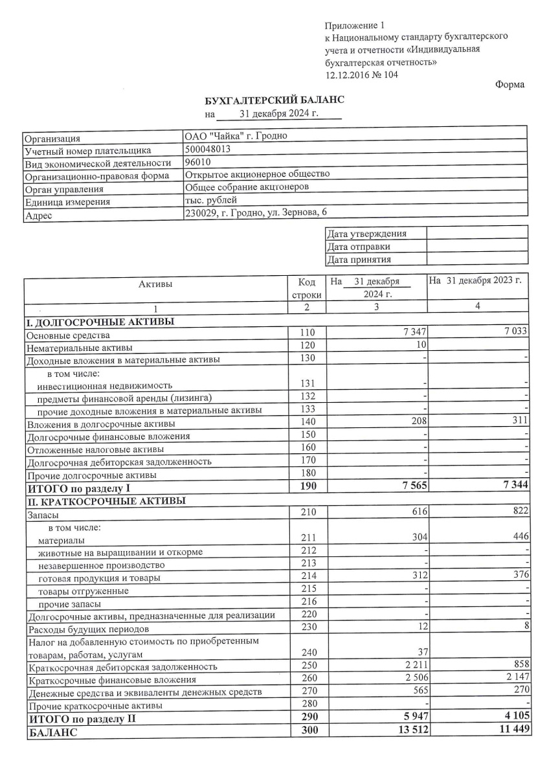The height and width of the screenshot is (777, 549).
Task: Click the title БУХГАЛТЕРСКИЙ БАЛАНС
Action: coord(274,100)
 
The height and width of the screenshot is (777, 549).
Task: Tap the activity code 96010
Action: coord(197,162)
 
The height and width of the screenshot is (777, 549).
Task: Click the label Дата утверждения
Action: coord(367,234)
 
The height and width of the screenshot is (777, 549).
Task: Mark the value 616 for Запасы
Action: coord(420,512)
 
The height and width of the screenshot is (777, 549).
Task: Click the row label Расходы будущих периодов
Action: coord(88,629)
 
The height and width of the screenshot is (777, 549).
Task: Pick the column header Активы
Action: coord(155,283)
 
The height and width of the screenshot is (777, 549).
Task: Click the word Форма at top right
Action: coord(510,85)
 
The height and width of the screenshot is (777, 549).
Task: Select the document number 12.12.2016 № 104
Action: coord(362,74)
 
